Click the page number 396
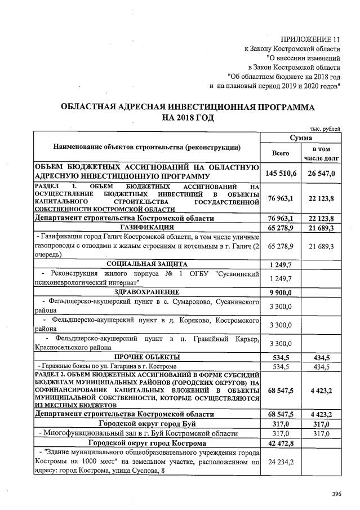(x=337, y=494)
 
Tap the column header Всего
(x=281, y=153)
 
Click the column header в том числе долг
(x=321, y=153)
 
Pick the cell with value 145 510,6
(x=281, y=173)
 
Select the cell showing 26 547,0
(x=321, y=173)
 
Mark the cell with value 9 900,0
(x=281, y=292)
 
